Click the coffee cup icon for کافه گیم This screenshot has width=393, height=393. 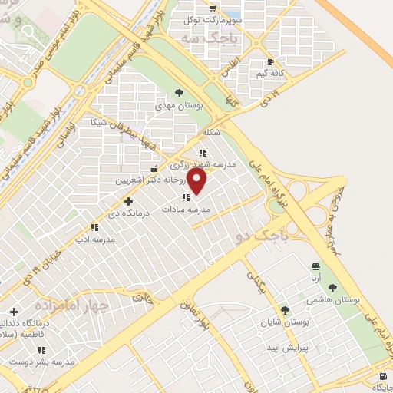269,62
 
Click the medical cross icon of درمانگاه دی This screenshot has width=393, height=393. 128,201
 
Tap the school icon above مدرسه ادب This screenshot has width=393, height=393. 94,227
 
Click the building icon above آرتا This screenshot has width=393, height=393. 315,266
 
